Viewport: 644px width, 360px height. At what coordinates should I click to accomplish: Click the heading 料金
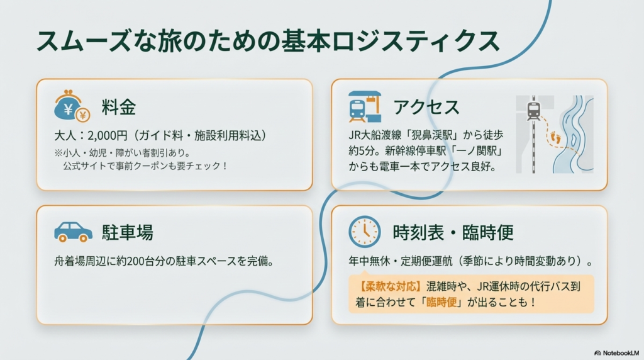pyautogui.click(x=118, y=107)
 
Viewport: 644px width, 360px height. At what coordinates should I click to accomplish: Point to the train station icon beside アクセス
pyautogui.click(x=365, y=106)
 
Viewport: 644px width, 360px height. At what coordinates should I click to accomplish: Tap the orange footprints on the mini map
pyautogui.click(x=555, y=137)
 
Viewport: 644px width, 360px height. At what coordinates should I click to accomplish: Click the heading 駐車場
pyautogui.click(x=127, y=232)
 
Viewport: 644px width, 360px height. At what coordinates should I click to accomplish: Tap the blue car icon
pyautogui.click(x=73, y=232)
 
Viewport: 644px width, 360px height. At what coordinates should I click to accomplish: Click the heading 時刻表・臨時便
pyautogui.click(x=453, y=232)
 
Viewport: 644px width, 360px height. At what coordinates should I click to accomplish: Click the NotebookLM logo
pyautogui.click(x=615, y=353)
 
